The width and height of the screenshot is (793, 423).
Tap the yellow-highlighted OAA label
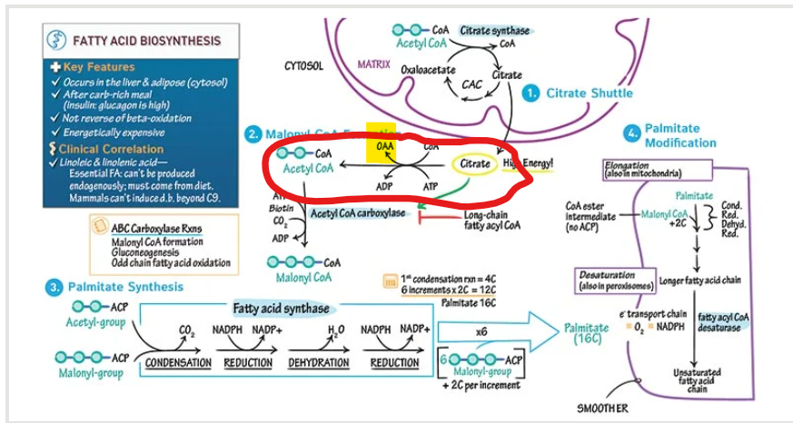pyautogui.click(x=382, y=145)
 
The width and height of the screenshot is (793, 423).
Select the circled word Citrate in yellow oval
pyautogui.click(x=474, y=163)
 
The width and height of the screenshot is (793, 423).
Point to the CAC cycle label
pyautogui.click(x=471, y=84)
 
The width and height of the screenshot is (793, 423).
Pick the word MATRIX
pyautogui.click(x=373, y=65)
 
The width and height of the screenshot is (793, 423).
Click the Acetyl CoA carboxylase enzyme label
pyautogui.click(x=358, y=213)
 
